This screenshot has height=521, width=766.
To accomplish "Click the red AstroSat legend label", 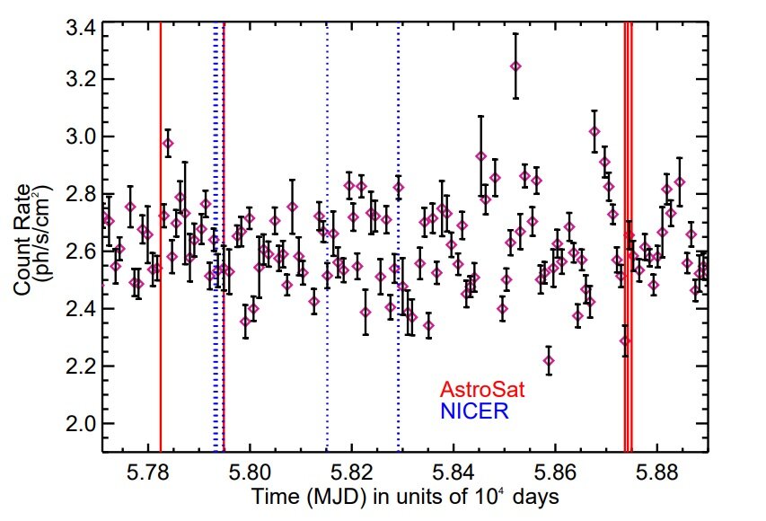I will (x=481, y=391).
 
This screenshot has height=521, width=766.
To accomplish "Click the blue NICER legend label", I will (x=473, y=411).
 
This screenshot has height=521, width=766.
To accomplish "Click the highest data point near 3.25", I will (x=515, y=66).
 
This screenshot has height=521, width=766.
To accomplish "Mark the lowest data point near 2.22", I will (x=549, y=360).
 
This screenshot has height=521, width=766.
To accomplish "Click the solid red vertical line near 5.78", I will (x=160, y=269).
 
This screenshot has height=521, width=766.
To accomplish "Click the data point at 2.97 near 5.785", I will (x=168, y=144).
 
